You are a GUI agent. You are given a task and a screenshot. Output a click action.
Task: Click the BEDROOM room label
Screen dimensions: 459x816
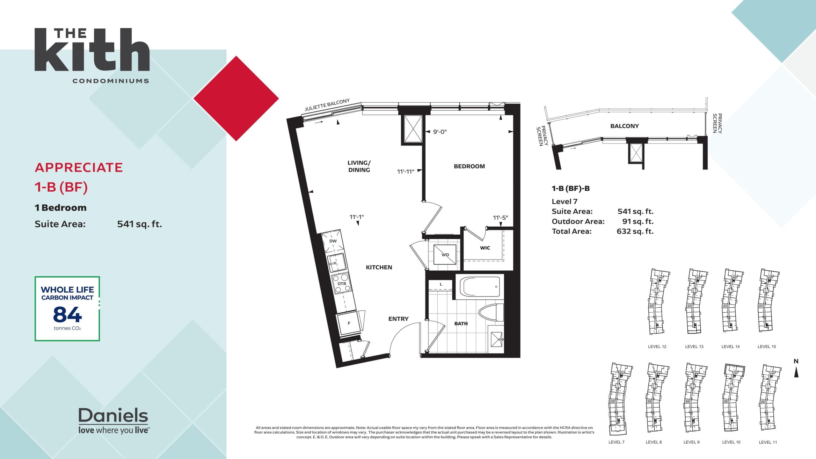(x=469, y=166)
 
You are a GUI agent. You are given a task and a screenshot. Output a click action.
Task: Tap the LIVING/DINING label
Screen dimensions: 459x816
(x=359, y=166)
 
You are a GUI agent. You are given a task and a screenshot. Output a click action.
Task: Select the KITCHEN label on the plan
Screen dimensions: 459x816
(x=379, y=267)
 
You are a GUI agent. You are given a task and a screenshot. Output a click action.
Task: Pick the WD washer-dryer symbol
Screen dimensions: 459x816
(x=445, y=254)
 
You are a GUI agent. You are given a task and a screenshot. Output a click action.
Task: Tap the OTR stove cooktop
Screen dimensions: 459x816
(x=342, y=284)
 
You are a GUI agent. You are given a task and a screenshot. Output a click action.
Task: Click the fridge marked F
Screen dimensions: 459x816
(x=349, y=323)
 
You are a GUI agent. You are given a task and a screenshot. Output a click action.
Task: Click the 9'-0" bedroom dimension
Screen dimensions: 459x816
(x=440, y=132)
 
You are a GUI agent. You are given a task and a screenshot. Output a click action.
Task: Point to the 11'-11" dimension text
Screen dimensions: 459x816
(x=405, y=172)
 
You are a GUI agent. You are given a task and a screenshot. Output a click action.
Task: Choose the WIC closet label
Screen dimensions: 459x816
(x=485, y=248)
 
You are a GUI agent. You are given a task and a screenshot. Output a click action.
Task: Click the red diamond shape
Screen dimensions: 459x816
(x=236, y=98)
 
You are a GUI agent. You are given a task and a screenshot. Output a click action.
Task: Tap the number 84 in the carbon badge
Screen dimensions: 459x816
(x=67, y=315)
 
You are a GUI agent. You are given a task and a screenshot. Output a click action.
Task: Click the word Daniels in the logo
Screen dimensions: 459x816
(x=113, y=416)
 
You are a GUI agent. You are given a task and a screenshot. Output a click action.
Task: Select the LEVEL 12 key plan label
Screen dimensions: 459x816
(x=657, y=346)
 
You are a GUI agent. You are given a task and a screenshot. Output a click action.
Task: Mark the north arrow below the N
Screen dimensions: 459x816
(x=796, y=372)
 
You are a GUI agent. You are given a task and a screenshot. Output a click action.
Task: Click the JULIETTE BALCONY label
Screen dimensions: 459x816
(x=327, y=105)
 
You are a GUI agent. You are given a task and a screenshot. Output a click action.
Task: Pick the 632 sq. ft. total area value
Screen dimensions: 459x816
(x=635, y=231)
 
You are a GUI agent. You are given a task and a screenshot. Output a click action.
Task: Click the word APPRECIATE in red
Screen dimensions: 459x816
(x=79, y=168)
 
